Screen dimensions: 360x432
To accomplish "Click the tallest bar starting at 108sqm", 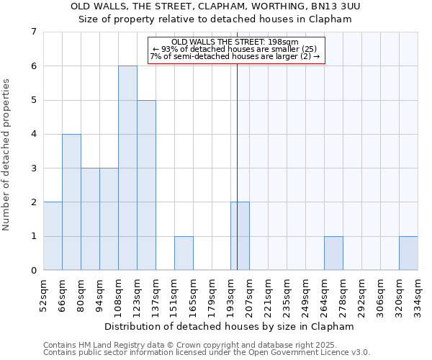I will [x=127, y=168].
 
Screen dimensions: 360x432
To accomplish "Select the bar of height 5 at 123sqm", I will [x=146, y=185].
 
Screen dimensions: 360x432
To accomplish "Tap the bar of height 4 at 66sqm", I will [x=71, y=202].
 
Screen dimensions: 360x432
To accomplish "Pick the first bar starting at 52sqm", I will [x=53, y=236].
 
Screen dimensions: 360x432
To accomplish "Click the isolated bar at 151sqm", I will [x=184, y=253].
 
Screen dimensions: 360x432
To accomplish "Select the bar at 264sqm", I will [x=333, y=253].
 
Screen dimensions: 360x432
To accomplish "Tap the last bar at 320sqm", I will [x=408, y=253].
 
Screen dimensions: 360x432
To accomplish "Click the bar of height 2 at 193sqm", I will [x=240, y=236].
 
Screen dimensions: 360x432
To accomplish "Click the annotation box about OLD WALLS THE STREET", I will [x=237, y=50].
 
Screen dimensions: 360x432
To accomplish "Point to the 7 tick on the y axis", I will [x=33, y=32].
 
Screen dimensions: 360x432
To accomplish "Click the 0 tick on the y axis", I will [x=33, y=271].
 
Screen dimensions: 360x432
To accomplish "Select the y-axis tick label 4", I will [x=33, y=134].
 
